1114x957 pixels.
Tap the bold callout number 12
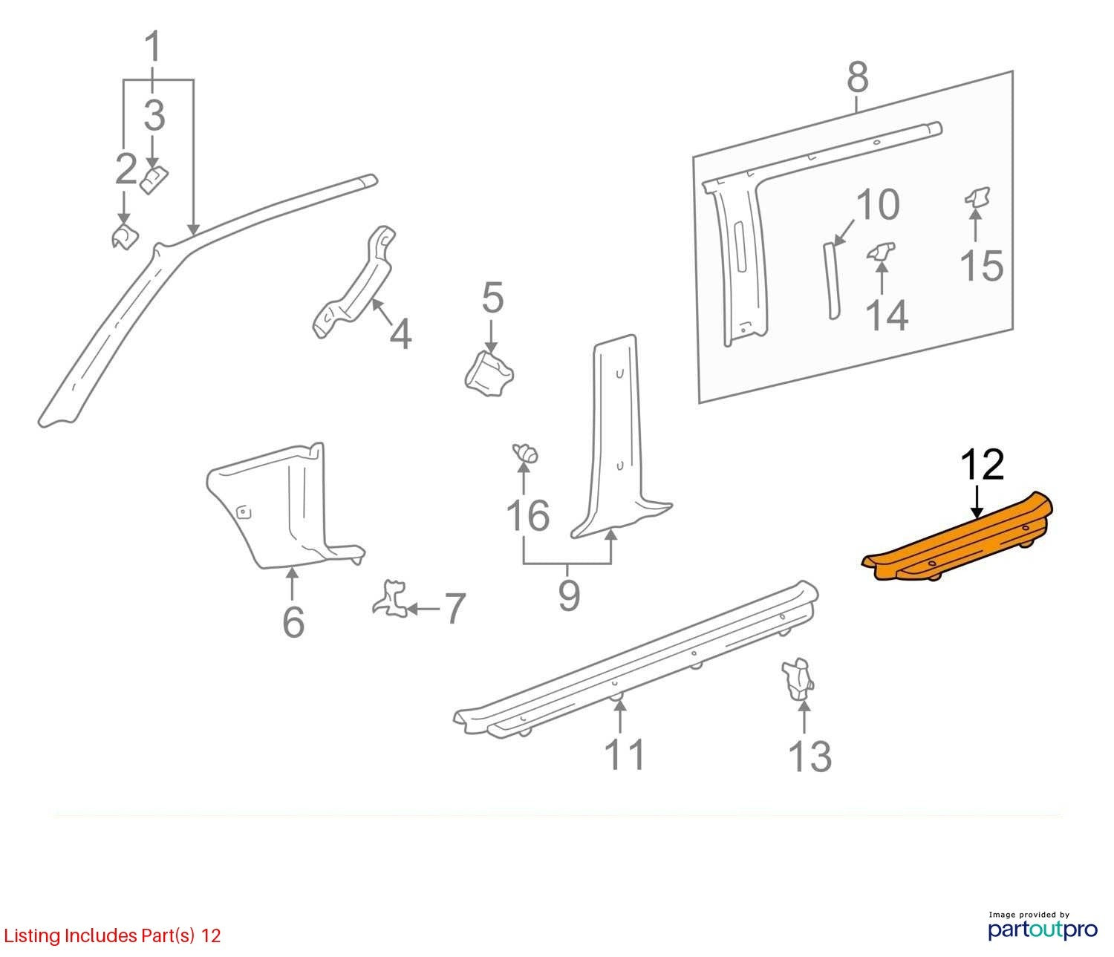coord(983,465)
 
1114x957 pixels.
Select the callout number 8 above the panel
coord(858,76)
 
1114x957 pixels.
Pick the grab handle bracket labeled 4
coord(354,283)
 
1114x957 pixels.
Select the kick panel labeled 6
coord(287,506)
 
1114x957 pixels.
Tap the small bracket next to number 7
coord(390,598)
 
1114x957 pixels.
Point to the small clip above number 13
coord(798,680)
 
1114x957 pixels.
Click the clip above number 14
coord(881,252)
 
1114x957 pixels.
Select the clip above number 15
coord(977,197)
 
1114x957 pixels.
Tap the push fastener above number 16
coord(524,453)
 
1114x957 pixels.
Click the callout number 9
coord(569,595)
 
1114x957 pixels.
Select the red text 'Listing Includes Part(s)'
coord(99,935)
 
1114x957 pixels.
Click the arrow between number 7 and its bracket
coord(423,610)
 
